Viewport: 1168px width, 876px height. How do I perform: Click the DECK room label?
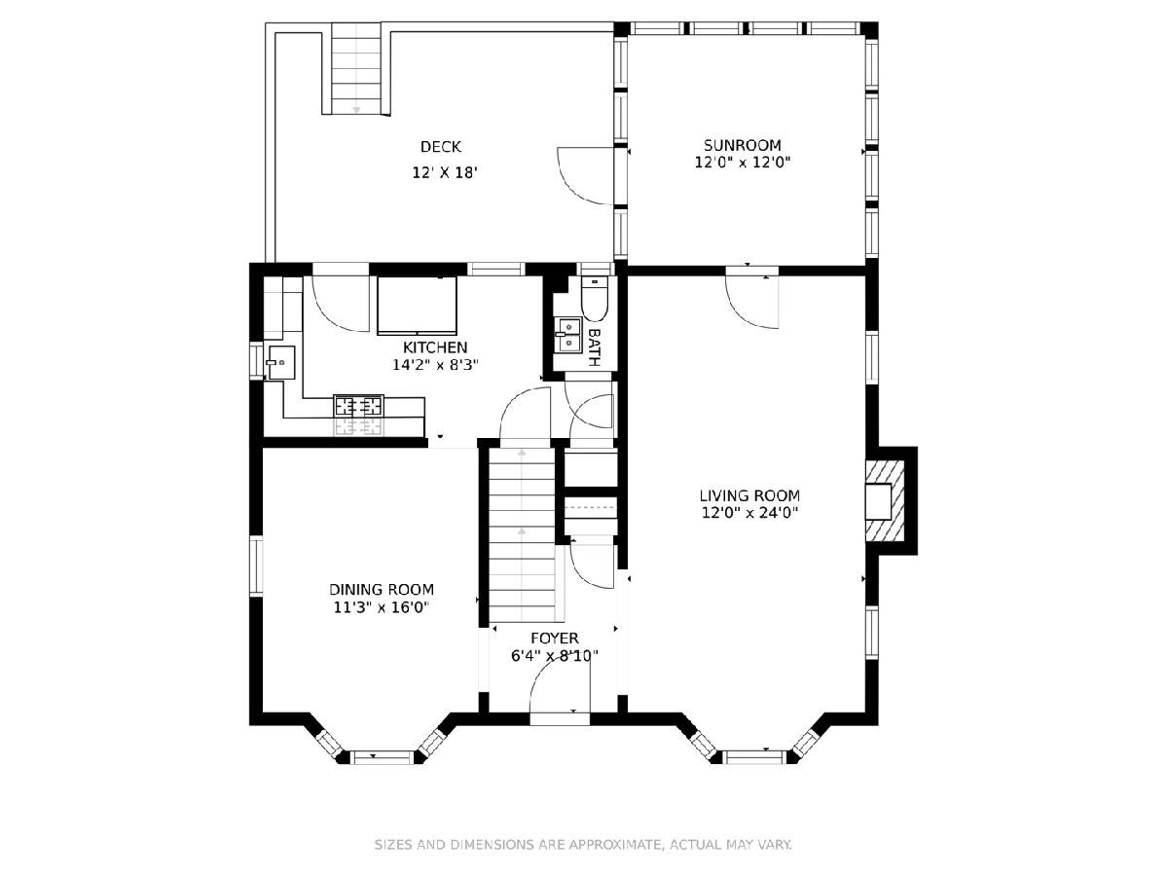pyautogui.click(x=441, y=147)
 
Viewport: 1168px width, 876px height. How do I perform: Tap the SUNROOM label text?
pyautogui.click(x=743, y=145)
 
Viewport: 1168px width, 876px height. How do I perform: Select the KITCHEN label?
pyautogui.click(x=435, y=347)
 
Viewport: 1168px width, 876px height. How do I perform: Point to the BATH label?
pyautogui.click(x=595, y=347)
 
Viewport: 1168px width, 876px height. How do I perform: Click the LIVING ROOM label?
pyautogui.click(x=749, y=495)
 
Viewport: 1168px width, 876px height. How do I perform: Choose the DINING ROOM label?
pyautogui.click(x=382, y=589)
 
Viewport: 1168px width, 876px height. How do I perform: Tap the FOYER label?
pyautogui.click(x=555, y=639)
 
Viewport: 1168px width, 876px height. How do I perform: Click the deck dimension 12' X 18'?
pyautogui.click(x=445, y=172)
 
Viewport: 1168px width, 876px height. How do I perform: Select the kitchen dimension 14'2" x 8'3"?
pyautogui.click(x=435, y=365)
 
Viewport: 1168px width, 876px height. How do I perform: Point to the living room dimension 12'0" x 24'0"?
pyautogui.click(x=749, y=513)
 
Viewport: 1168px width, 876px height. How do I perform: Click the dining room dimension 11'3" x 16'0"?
pyautogui.click(x=381, y=606)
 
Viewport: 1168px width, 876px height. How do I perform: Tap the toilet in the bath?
pyautogui.click(x=595, y=298)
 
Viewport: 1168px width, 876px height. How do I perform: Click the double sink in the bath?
pyautogui.click(x=567, y=335)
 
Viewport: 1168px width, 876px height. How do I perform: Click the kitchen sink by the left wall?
pyautogui.click(x=281, y=362)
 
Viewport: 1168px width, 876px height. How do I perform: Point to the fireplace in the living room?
pyautogui.click(x=885, y=501)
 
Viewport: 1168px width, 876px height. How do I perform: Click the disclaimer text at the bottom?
pyautogui.click(x=583, y=844)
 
